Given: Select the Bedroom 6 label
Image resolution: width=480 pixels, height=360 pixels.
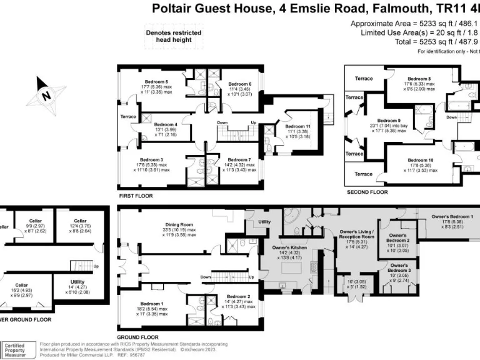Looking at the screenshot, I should (239, 84).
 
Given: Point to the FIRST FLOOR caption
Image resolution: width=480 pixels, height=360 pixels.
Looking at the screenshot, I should (136, 196).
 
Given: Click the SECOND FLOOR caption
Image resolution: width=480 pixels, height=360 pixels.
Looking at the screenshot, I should (367, 192).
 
